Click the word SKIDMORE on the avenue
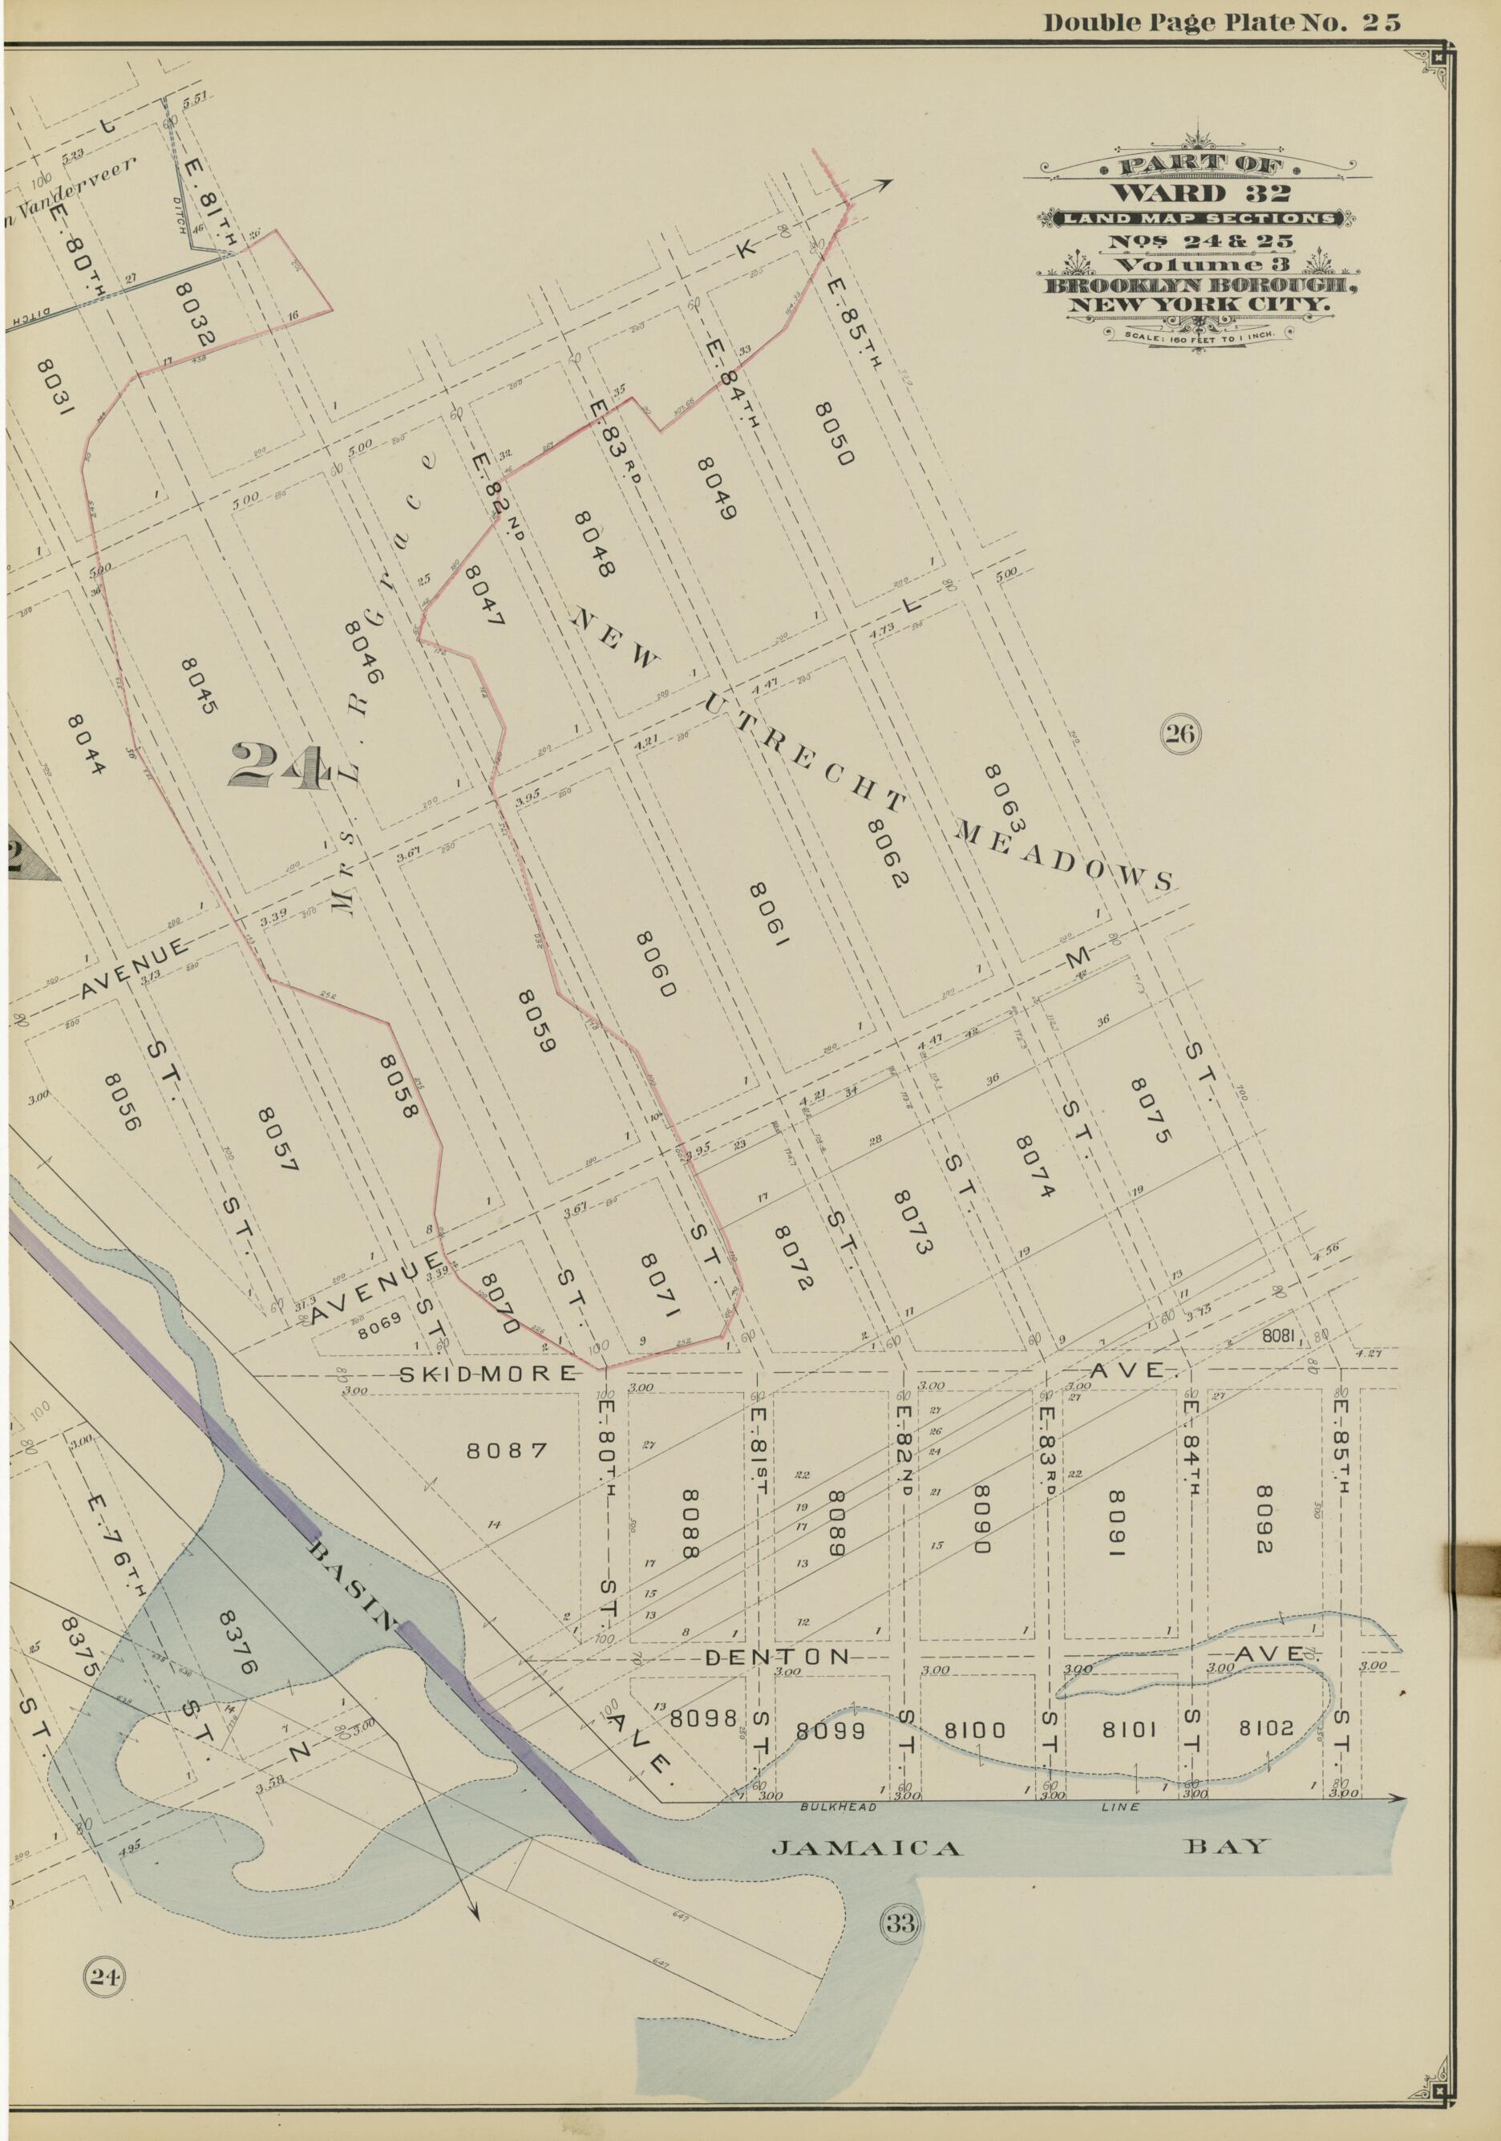(x=488, y=1373)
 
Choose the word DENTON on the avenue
(x=778, y=1657)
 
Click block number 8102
(x=1266, y=1728)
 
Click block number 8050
(x=833, y=434)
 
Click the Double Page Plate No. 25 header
(x=1221, y=23)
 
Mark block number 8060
(x=653, y=963)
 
